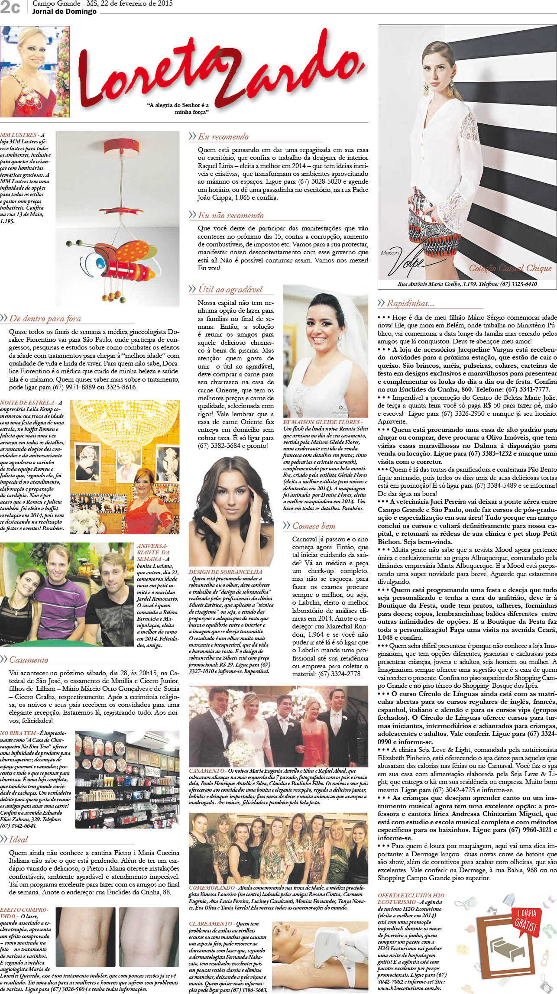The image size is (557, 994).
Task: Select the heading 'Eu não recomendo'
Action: click(230, 215)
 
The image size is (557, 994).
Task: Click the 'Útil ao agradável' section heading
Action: click(230, 289)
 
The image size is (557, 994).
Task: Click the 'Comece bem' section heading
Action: click(314, 526)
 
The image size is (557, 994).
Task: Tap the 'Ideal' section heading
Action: click(18, 839)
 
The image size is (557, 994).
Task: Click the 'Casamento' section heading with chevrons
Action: click(29, 660)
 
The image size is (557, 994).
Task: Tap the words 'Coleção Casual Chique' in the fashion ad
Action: click(510, 268)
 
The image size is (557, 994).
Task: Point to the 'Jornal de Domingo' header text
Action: click(64, 12)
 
